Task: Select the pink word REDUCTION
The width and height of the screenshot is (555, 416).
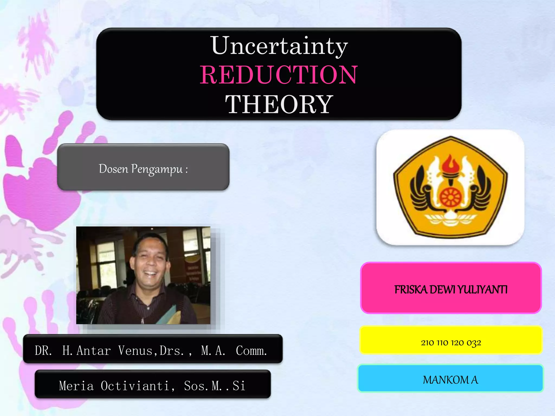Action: click(x=279, y=75)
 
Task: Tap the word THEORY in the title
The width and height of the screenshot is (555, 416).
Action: click(x=279, y=104)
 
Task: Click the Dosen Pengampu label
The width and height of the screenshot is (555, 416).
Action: click(x=143, y=169)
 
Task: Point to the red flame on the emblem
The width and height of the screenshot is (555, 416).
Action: click(x=451, y=164)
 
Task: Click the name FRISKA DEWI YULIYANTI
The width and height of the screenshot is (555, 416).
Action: click(x=451, y=290)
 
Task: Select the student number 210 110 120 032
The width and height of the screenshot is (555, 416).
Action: click(x=451, y=343)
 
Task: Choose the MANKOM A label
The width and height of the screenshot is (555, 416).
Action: click(x=450, y=380)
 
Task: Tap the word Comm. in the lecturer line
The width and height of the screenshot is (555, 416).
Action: click(x=251, y=351)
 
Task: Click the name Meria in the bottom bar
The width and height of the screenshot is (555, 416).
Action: click(x=76, y=386)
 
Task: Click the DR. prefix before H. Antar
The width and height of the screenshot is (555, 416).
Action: click(x=43, y=351)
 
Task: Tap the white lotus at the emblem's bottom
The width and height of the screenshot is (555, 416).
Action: click(x=450, y=218)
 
